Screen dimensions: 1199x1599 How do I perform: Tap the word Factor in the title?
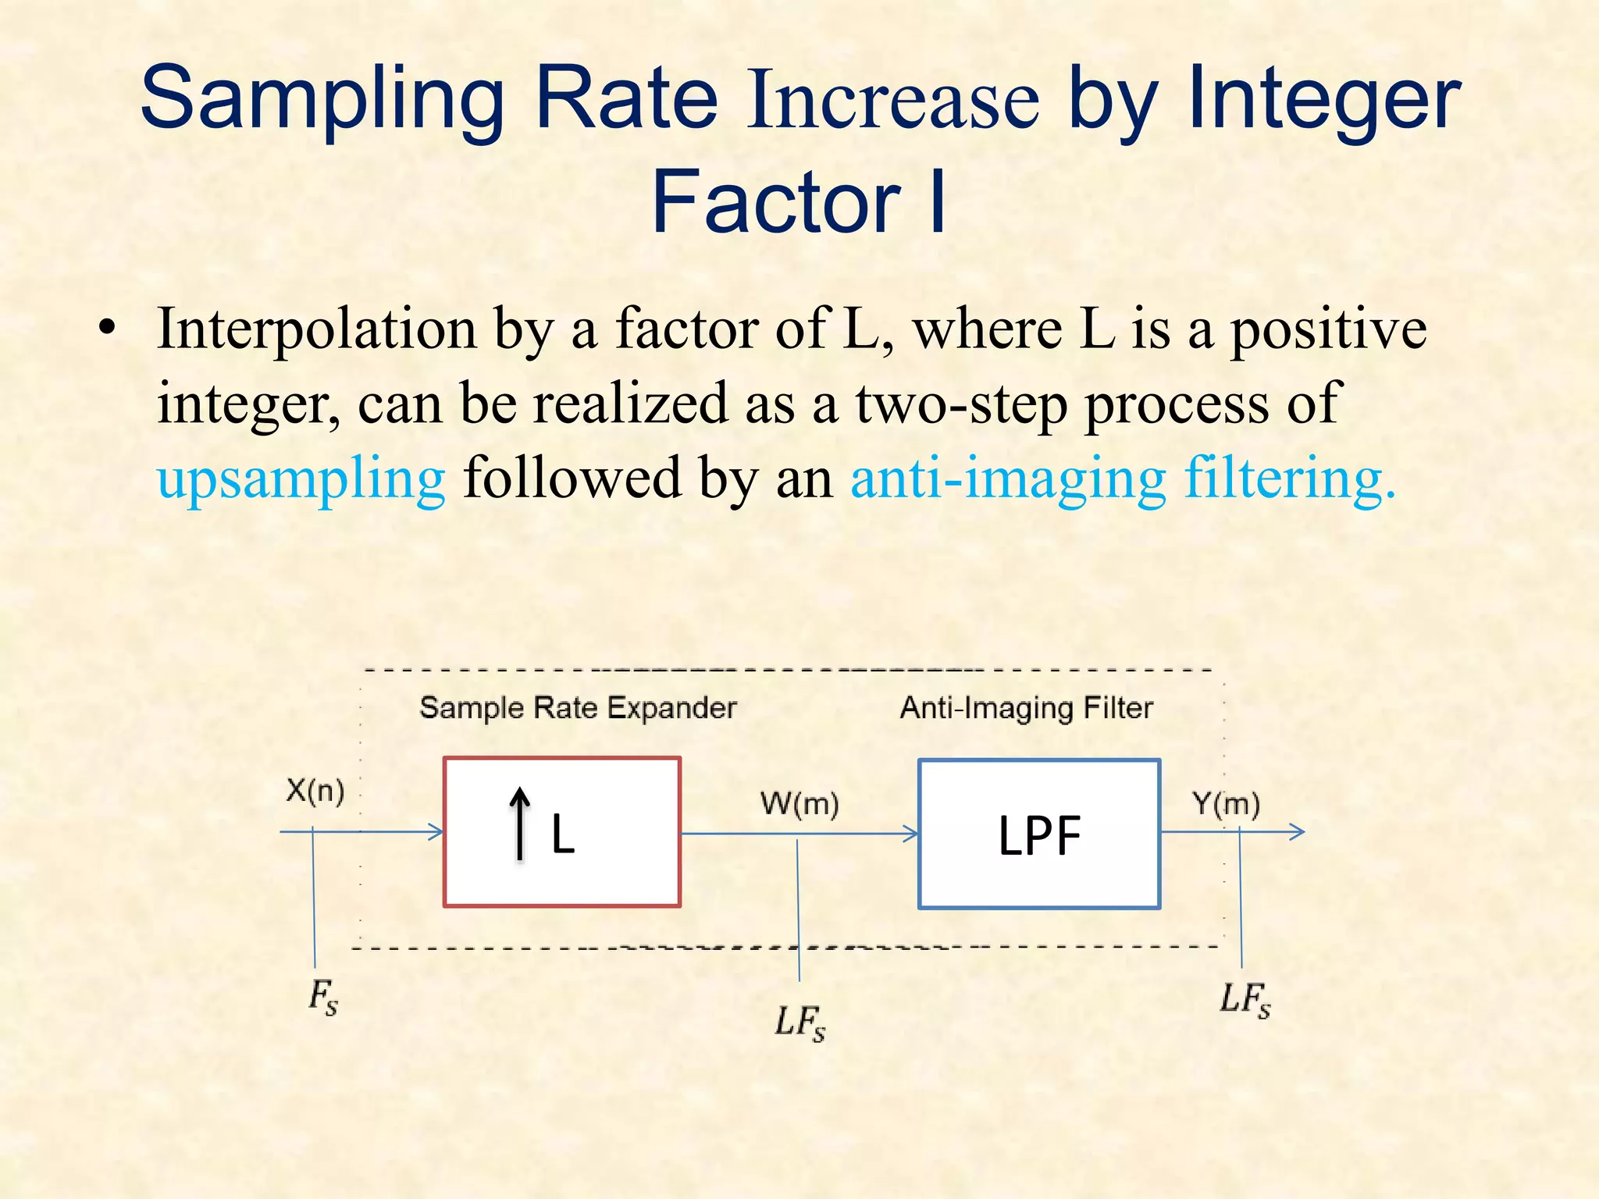(777, 201)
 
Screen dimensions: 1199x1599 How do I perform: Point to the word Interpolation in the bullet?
(316, 329)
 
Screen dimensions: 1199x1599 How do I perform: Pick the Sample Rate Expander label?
(578, 708)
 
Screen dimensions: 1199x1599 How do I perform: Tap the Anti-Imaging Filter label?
(1026, 708)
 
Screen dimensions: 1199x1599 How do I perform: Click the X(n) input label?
(315, 791)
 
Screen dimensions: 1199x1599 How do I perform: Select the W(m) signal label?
(799, 803)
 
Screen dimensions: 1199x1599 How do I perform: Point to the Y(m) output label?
(1226, 803)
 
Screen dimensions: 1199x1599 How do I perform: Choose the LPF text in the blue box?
(1039, 836)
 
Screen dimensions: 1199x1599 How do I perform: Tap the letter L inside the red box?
(563, 834)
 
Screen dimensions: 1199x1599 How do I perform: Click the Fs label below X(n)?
(323, 997)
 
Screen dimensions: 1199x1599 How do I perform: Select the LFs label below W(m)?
(799, 1022)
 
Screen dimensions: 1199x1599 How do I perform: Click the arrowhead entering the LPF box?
(910, 834)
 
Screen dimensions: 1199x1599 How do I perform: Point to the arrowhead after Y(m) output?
(1297, 832)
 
